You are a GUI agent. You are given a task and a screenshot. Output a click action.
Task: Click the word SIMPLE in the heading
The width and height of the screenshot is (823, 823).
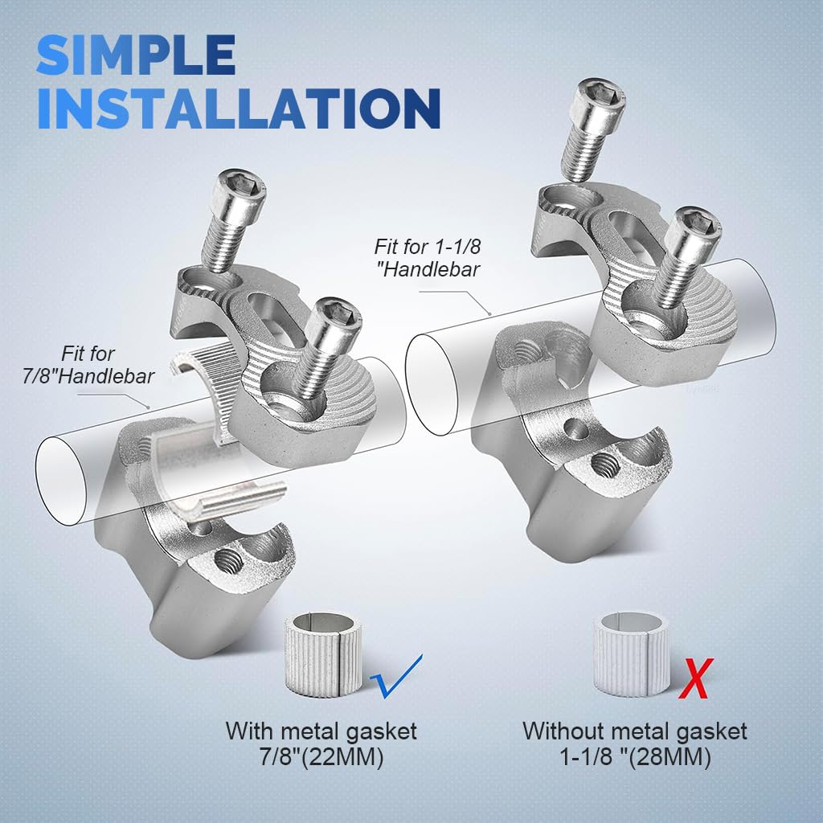tap(135, 55)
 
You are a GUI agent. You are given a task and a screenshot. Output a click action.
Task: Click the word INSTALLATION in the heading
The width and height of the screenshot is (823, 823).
tap(239, 109)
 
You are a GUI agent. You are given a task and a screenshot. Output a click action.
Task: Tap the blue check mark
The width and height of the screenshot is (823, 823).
tap(395, 677)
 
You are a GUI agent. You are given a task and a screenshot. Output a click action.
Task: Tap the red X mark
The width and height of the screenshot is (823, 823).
tap(696, 678)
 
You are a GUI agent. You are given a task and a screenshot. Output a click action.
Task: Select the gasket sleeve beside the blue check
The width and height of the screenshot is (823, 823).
tap(323, 655)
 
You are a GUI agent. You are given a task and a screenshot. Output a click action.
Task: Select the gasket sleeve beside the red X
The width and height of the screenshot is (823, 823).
tap(632, 654)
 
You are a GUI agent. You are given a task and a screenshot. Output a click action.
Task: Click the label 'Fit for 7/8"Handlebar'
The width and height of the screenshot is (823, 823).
tap(88, 365)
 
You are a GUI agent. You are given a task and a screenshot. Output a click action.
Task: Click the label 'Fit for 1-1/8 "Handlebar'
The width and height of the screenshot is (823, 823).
tap(428, 258)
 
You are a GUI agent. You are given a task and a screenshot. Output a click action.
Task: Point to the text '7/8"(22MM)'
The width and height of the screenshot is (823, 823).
tap(321, 756)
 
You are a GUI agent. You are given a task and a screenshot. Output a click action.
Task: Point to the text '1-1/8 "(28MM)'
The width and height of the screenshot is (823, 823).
tap(635, 756)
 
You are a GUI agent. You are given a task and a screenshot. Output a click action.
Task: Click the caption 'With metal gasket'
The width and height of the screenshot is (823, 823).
tap(321, 731)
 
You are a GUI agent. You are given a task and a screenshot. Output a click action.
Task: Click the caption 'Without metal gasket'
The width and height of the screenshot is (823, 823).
tap(635, 731)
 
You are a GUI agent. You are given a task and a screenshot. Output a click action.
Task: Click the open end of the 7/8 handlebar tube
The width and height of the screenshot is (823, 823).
tap(61, 481)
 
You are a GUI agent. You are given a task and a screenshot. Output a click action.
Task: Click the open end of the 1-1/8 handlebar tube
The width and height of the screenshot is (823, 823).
tap(432, 385)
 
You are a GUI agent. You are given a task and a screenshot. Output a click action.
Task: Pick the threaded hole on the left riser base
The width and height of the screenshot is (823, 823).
tap(228, 562)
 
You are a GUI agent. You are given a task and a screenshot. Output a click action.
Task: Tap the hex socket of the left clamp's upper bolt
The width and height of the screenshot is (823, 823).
tap(241, 184)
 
